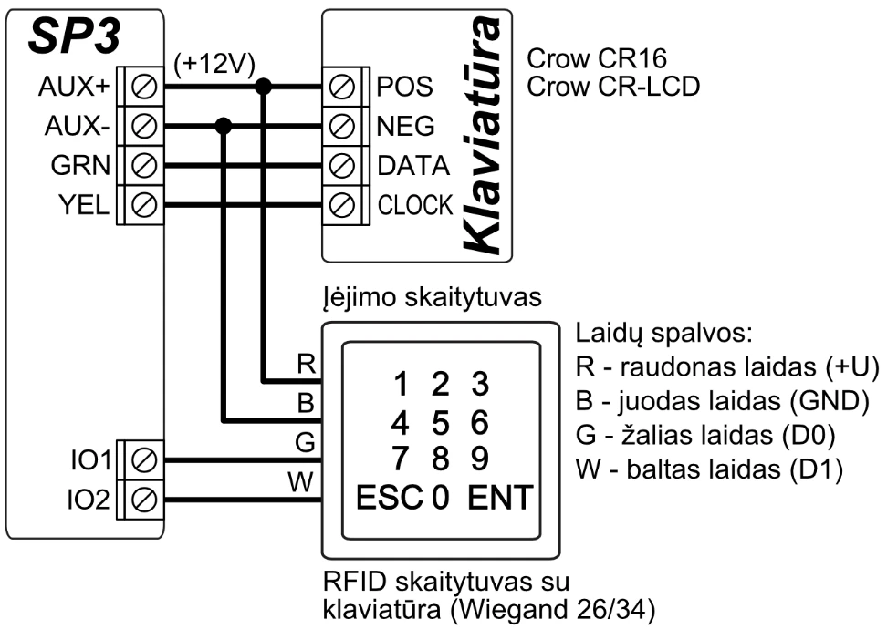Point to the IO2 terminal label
click(x=89, y=500)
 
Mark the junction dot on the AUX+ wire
click(x=265, y=87)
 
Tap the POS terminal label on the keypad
click(x=400, y=87)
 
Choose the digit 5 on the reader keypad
click(x=441, y=424)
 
